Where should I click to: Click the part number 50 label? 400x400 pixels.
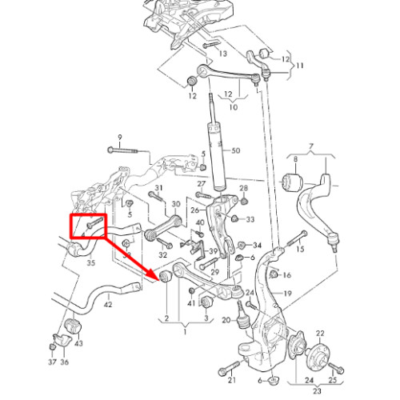tap(236, 150)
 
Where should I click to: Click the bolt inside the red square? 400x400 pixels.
tap(95, 222)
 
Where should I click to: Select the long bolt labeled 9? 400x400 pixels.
tap(122, 150)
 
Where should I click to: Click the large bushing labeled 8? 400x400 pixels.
tap(293, 182)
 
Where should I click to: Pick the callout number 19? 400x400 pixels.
tap(287, 294)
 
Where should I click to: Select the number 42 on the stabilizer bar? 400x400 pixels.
tap(108, 304)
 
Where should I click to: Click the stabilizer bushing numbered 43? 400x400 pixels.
tap(73, 325)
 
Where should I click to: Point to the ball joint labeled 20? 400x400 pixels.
tap(242, 315)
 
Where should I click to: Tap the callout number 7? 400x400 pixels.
tap(311, 147)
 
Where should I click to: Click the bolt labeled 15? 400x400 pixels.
tap(297, 238)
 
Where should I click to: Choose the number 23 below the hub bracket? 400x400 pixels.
tap(317, 391)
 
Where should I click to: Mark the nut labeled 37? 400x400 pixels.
tap(53, 347)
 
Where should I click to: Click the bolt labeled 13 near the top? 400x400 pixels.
tap(211, 45)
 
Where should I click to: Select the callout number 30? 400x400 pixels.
tap(176, 205)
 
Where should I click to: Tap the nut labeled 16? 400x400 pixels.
tap(273, 274)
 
